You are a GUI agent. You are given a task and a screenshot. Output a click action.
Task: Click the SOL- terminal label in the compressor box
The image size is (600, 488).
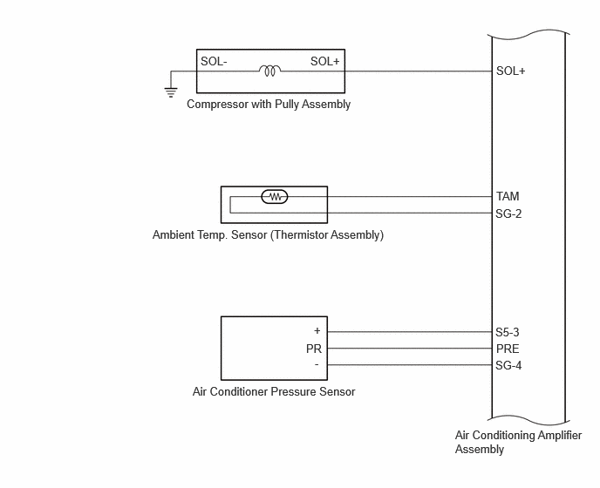pos(214,61)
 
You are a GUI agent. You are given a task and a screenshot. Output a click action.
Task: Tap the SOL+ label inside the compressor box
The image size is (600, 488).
pos(325,61)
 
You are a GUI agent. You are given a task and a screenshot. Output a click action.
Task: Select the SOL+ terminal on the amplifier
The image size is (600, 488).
pos(510,71)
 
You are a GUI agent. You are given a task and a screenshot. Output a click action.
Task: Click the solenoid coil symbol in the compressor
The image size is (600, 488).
pos(269,71)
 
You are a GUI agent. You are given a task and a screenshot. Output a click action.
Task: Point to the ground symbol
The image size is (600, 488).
pos(171,92)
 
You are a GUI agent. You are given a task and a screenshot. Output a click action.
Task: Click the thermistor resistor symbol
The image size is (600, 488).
pos(275,197)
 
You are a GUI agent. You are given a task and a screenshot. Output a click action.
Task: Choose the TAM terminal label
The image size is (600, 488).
pos(508,196)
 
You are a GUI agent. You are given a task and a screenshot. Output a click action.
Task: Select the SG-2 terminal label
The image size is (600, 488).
pos(508,213)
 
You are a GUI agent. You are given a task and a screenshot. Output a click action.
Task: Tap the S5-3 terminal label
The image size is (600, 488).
pos(508,332)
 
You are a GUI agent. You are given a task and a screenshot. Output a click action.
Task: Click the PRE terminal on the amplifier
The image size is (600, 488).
pos(508,349)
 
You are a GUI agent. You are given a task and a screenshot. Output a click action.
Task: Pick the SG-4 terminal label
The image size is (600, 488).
pos(508,366)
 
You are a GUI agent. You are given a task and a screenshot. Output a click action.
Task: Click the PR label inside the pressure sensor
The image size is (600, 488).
pos(314,349)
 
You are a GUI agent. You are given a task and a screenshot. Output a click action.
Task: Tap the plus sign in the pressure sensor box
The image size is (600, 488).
pos(317,331)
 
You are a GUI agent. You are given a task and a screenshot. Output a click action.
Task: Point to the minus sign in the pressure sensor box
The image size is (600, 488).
pos(317,365)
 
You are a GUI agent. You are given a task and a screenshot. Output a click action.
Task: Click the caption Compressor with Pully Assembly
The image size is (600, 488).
pos(269,105)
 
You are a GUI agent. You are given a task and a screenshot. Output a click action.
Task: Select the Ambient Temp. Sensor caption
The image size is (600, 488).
pos(268,234)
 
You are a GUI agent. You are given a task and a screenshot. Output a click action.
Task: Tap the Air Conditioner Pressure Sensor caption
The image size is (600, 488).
pos(274,391)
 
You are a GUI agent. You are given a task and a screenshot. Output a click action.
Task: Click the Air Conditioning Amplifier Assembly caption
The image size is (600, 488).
pos(518,442)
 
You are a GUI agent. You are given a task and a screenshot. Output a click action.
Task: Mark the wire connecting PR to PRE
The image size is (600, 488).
pos(409,349)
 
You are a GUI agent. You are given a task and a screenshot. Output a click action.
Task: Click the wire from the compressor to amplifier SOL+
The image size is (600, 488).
pos(419,71)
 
